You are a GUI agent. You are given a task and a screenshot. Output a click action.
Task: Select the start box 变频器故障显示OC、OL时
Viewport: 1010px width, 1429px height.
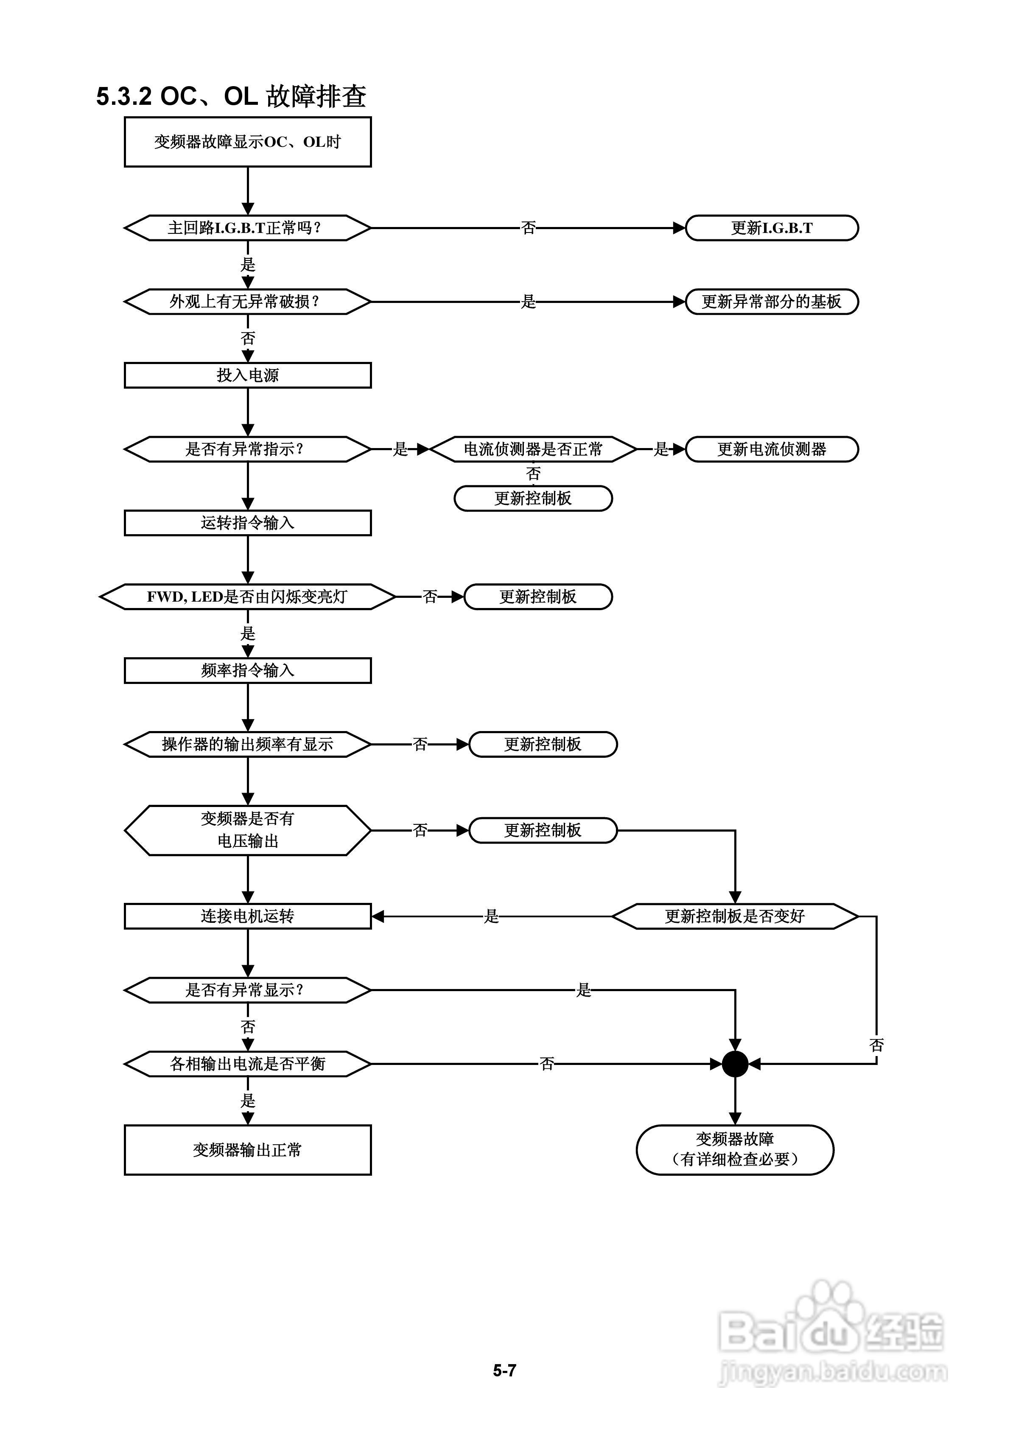[x=248, y=142]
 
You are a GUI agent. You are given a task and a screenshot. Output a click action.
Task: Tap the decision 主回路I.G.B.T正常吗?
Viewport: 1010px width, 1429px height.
[x=248, y=228]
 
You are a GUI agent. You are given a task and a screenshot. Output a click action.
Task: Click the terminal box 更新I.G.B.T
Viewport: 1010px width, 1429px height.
[x=772, y=228]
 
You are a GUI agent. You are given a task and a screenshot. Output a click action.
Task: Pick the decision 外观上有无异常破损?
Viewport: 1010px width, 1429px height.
[x=248, y=302]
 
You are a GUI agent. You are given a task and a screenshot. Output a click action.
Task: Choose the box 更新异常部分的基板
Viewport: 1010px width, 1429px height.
[x=772, y=302]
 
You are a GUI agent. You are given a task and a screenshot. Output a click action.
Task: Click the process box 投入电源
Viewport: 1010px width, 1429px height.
[x=248, y=375]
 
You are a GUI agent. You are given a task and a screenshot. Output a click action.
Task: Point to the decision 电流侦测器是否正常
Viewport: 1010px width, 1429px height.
[x=533, y=449]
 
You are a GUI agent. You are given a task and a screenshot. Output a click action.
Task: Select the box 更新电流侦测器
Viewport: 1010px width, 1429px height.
[x=772, y=449]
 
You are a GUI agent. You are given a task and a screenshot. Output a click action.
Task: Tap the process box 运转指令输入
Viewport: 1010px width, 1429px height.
[x=248, y=523]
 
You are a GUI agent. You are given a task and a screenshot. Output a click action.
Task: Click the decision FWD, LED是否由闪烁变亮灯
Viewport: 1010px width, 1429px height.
[x=248, y=597]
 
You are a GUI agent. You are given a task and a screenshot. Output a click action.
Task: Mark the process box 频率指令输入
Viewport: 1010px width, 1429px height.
[x=248, y=670]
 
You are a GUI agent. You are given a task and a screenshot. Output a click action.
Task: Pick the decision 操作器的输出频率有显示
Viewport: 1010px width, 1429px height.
[x=248, y=744]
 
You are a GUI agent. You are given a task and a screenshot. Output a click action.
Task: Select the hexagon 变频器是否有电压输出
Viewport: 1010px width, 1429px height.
[x=248, y=830]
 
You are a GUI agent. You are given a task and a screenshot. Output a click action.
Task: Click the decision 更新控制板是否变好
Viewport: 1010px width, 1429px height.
[x=735, y=916]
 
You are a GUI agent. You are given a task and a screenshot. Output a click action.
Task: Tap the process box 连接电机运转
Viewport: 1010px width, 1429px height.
[x=248, y=916]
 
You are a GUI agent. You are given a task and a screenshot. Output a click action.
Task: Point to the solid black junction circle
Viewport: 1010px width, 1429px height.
[x=735, y=1064]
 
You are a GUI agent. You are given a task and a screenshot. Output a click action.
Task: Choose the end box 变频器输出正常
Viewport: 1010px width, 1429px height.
[x=248, y=1149]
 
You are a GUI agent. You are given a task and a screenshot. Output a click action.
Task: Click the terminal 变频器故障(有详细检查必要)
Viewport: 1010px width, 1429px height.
[x=735, y=1149]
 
